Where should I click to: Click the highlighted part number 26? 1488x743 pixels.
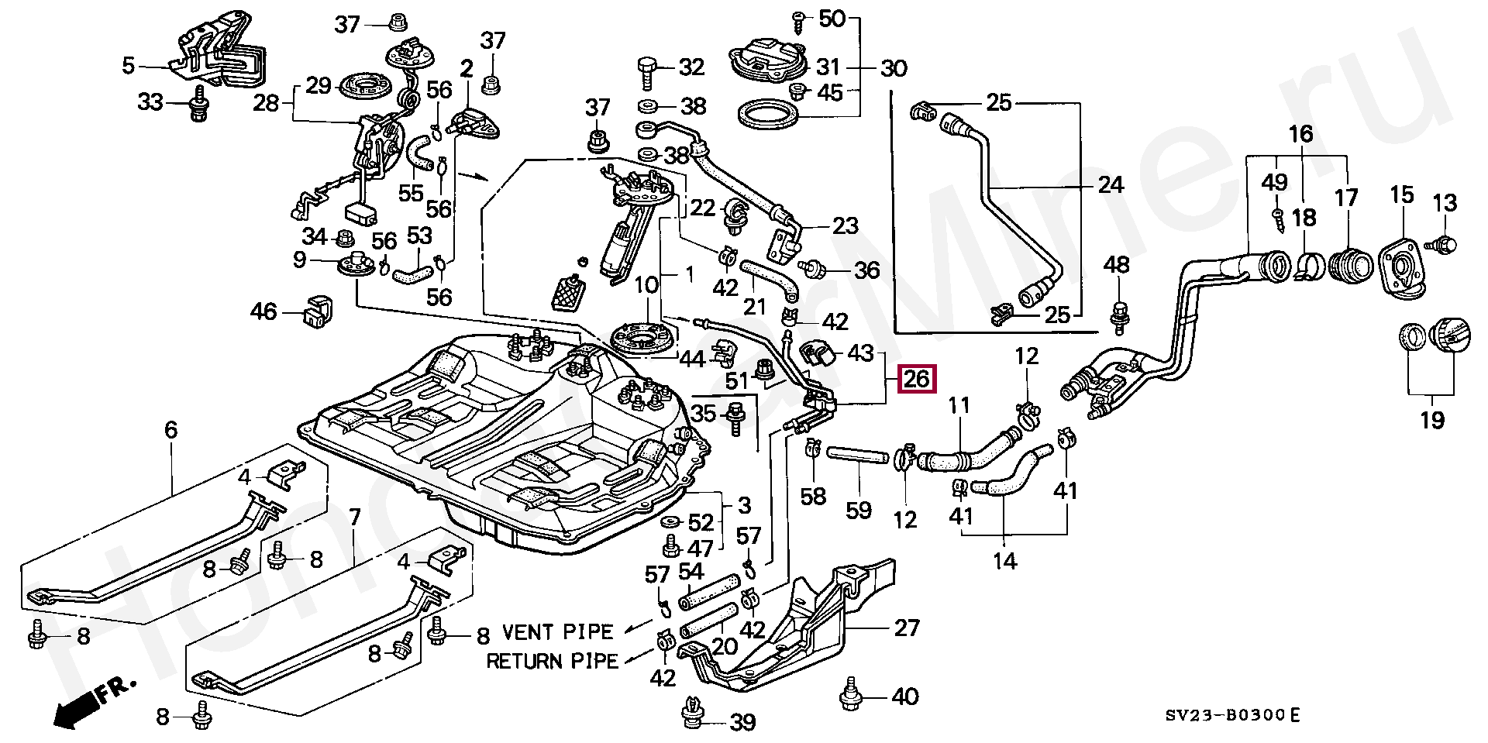(x=917, y=380)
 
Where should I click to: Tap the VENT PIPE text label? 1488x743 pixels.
(x=557, y=632)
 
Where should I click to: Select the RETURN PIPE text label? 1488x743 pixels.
(x=553, y=661)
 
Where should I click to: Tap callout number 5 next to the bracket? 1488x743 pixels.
(x=129, y=66)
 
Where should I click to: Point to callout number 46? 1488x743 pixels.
(x=263, y=312)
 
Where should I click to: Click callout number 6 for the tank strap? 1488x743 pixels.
(x=170, y=429)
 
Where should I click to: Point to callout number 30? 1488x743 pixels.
(x=893, y=69)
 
